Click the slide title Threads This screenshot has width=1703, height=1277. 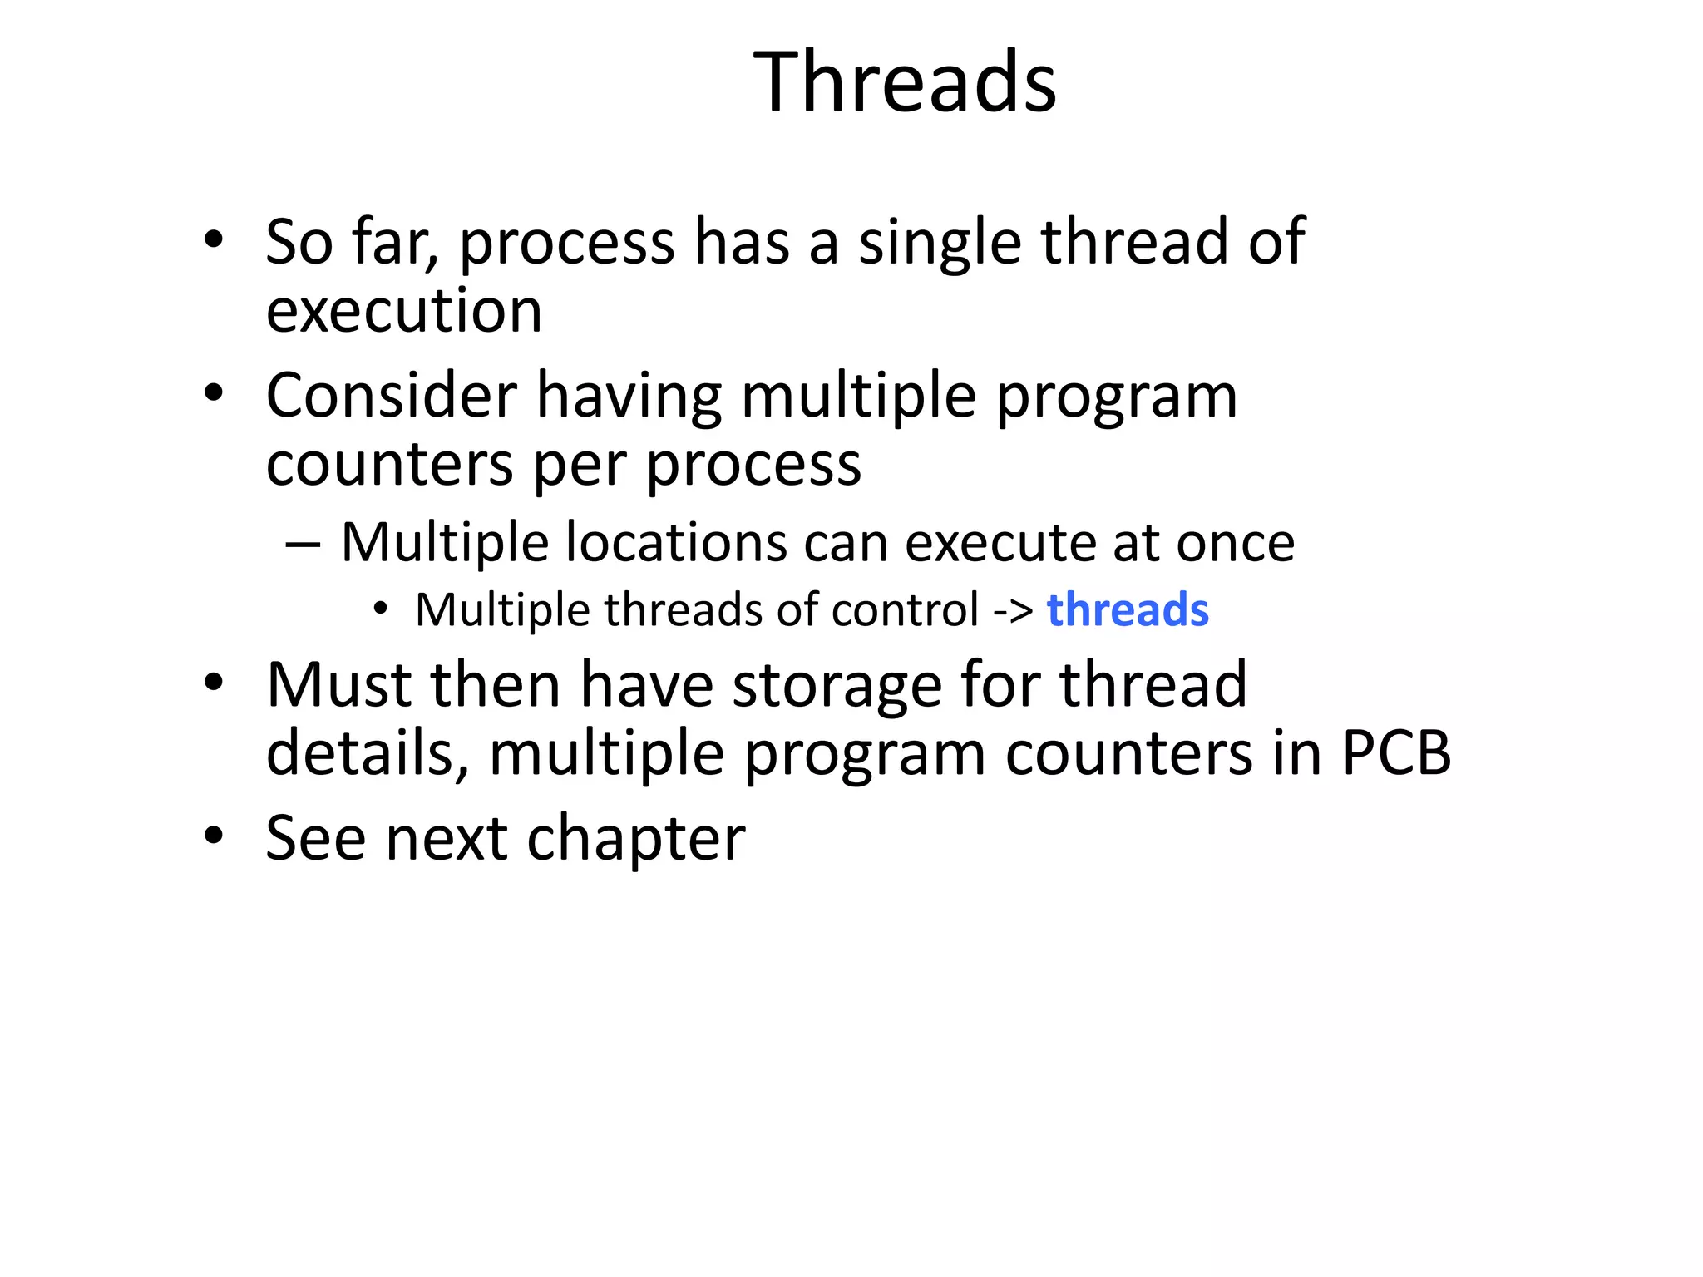click(905, 82)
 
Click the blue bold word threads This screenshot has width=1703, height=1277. click(1127, 610)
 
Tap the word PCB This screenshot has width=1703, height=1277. click(1396, 753)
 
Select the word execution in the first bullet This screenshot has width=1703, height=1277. click(404, 312)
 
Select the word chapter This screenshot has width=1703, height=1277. click(636, 840)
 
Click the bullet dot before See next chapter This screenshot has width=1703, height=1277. click(214, 836)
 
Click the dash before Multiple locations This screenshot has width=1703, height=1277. click(303, 545)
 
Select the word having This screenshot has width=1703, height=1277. click(629, 397)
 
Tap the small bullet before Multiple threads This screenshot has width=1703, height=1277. click(381, 609)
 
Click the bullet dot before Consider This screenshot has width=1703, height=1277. click(214, 392)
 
